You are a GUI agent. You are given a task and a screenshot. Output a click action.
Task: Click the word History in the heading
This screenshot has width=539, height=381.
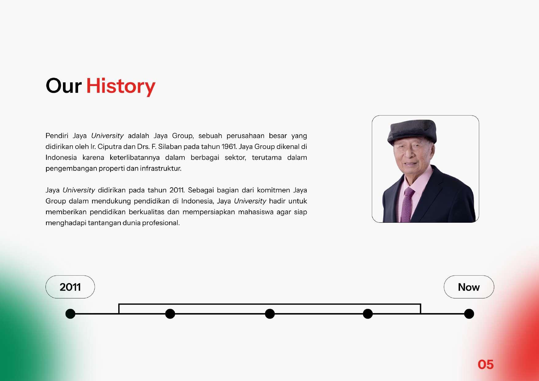(x=121, y=86)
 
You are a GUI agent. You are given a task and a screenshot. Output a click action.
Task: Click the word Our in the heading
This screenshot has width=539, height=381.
(x=64, y=86)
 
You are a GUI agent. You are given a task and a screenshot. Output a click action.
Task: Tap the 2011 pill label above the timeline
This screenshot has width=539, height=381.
(x=70, y=287)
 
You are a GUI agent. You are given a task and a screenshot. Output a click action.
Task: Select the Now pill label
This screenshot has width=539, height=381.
(x=469, y=287)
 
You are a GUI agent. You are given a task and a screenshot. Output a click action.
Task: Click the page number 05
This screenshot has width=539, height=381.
(x=486, y=365)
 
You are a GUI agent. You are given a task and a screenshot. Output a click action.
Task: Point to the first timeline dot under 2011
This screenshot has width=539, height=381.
(x=70, y=314)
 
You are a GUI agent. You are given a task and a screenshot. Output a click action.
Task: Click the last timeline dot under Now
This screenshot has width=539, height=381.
(x=469, y=314)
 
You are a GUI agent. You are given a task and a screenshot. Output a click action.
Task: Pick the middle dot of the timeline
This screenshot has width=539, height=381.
(x=270, y=314)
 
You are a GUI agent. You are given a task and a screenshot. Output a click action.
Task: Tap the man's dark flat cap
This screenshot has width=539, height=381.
(x=412, y=132)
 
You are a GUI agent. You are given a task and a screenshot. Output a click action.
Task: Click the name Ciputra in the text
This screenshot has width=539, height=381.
(x=110, y=147)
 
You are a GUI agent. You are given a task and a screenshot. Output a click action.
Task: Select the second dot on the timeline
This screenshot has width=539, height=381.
(x=170, y=314)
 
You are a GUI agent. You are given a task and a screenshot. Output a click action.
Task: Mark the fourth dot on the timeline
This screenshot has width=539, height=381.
(x=368, y=314)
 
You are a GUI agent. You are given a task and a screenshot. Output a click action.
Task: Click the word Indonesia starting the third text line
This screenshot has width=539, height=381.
(x=61, y=158)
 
